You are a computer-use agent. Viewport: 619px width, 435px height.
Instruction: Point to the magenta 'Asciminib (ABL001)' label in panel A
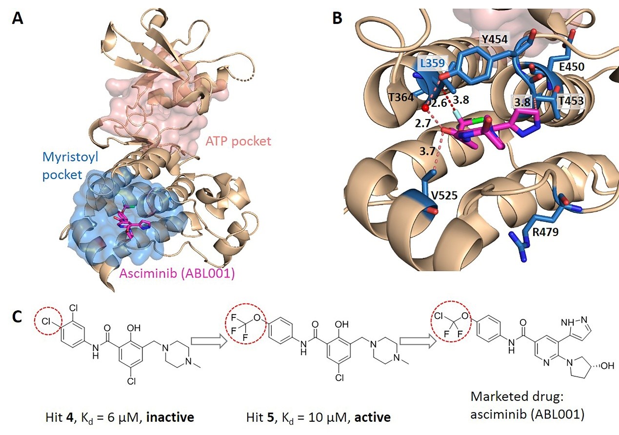click(x=178, y=274)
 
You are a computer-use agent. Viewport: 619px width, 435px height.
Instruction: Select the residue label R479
click(x=543, y=233)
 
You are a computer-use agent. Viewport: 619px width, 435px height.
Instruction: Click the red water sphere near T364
click(x=425, y=107)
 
